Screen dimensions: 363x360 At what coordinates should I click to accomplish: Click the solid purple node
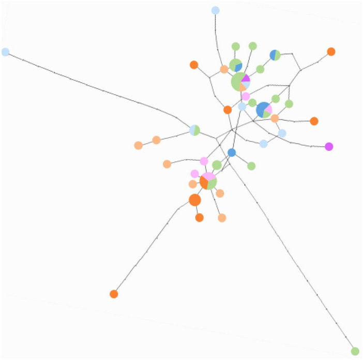pyautogui.click(x=329, y=147)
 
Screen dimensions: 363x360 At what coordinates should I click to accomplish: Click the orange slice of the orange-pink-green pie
pyautogui.click(x=204, y=183)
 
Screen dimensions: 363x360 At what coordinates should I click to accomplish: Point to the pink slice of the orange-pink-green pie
pyautogui.click(x=209, y=177)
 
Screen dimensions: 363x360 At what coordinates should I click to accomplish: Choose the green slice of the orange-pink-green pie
pyautogui.click(x=213, y=183)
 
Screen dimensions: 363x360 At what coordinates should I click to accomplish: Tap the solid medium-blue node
pyautogui.click(x=232, y=152)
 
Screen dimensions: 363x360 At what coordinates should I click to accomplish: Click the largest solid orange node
pyautogui.click(x=195, y=200)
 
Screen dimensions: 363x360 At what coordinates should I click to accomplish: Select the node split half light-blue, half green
pyautogui.click(x=194, y=130)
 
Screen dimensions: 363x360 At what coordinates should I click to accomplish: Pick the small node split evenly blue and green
pyautogui.click(x=275, y=55)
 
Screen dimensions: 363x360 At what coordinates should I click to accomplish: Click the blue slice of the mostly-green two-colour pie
pyautogui.click(x=239, y=67)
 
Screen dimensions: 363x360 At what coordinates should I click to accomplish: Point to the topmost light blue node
pyautogui.click(x=216, y=10)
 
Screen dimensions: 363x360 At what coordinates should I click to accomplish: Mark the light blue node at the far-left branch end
pyautogui.click(x=5, y=52)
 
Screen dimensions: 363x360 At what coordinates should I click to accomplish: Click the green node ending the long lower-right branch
pyautogui.click(x=355, y=351)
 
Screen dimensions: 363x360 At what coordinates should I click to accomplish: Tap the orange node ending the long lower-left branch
pyautogui.click(x=114, y=294)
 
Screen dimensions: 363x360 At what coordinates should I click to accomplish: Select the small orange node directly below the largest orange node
pyautogui.click(x=199, y=217)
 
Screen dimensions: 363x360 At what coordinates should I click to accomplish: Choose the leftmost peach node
pyautogui.click(x=138, y=146)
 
